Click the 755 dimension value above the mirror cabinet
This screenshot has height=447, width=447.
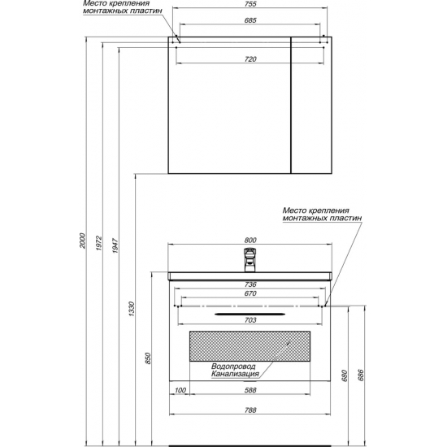tap(250, 4)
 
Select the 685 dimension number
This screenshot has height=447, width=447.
tap(250, 20)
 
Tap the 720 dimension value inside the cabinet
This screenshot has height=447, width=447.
tap(250, 59)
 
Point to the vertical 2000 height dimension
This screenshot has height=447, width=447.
tap(82, 241)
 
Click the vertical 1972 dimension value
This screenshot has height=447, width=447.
tap(98, 243)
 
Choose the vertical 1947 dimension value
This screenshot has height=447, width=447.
tap(115, 245)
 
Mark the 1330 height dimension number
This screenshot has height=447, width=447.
tap(131, 309)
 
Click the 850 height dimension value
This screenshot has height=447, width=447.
tap(148, 358)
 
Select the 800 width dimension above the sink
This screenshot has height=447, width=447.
tap(250, 241)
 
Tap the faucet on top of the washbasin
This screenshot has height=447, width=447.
tap(250, 260)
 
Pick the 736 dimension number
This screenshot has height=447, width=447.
tap(250, 284)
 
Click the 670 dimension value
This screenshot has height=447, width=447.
tap(250, 293)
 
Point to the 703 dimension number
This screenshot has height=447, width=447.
tap(250, 320)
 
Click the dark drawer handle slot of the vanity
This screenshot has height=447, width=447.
tap(250, 315)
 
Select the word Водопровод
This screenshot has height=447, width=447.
tap(233, 366)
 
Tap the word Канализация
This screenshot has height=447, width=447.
tap(235, 374)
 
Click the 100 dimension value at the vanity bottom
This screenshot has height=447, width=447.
tap(180, 390)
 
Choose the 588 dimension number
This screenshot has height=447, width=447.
tap(250, 390)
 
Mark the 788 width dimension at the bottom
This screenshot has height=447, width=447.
tap(250, 410)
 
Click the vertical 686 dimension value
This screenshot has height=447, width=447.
tap(361, 375)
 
